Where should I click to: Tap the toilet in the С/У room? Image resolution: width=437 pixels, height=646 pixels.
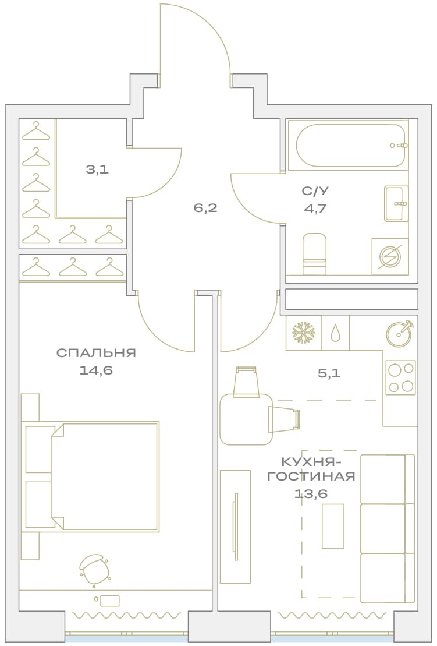[314, 254]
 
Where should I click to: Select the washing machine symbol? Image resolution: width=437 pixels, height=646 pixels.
[390, 256]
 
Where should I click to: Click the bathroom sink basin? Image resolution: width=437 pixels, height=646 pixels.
[396, 203]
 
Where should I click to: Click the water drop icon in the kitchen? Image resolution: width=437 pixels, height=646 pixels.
[335, 333]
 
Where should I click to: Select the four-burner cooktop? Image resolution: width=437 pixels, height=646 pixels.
[400, 377]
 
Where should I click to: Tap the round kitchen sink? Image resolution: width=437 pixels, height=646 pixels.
[399, 333]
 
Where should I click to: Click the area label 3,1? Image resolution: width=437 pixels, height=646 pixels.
[98, 169]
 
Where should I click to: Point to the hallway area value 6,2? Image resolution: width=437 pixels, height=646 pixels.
[205, 208]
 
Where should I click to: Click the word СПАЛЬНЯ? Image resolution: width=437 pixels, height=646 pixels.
[96, 353]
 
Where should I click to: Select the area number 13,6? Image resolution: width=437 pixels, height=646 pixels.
[311, 493]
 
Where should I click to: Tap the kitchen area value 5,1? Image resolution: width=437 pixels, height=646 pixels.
[329, 373]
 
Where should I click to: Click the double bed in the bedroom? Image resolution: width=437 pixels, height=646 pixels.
[90, 476]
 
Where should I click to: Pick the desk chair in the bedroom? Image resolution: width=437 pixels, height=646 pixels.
[94, 570]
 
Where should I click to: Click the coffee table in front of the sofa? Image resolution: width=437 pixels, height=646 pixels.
[333, 525]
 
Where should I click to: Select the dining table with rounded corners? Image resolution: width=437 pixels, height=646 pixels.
[246, 419]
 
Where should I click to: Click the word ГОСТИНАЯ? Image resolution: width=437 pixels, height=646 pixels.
[311, 476]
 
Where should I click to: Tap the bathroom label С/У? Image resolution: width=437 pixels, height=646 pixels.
[315, 190]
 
